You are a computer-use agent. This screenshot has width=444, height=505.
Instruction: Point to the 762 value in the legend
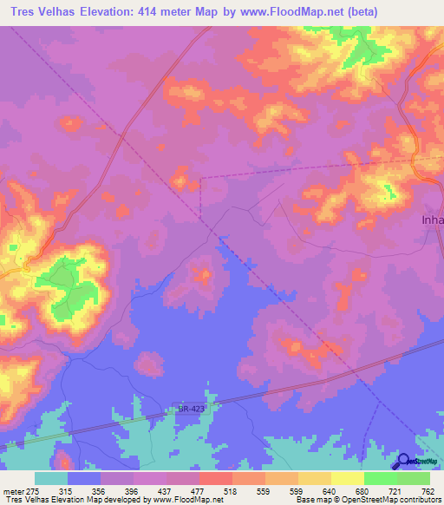pos(428,492)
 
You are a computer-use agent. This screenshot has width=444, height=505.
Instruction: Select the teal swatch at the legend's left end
pos(50,478)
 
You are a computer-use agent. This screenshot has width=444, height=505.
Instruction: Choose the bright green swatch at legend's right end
pos(414,478)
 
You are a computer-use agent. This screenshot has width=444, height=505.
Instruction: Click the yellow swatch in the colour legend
pos(347,478)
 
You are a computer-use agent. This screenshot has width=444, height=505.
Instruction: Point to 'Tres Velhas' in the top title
pos(46,13)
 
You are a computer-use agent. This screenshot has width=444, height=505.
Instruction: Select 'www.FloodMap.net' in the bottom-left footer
pos(187,501)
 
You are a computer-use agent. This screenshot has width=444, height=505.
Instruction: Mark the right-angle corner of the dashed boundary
pos(201,178)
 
